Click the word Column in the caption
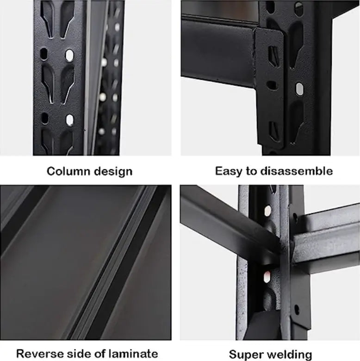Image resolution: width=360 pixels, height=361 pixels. pos(68,171)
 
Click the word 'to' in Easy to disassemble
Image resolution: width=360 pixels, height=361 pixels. pos(252,171)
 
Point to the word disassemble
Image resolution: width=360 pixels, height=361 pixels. pos(296,171)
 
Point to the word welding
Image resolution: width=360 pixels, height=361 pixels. pos(289,355)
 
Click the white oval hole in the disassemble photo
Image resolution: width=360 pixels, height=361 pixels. pos(299,88)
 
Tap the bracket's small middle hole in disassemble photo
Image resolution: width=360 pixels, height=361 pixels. pos(273,85)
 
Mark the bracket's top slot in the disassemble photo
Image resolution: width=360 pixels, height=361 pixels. pos(273,56)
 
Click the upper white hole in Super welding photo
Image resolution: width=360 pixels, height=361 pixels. pos(267,211)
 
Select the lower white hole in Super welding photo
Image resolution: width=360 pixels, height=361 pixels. pos(267,277)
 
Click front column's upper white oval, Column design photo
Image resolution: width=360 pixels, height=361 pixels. pos(69,56)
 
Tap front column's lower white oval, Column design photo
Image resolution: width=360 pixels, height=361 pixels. pos(69,120)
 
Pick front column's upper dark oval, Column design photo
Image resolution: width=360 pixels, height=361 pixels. pos(44,54)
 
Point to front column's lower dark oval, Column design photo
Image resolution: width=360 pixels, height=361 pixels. pos(44,118)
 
